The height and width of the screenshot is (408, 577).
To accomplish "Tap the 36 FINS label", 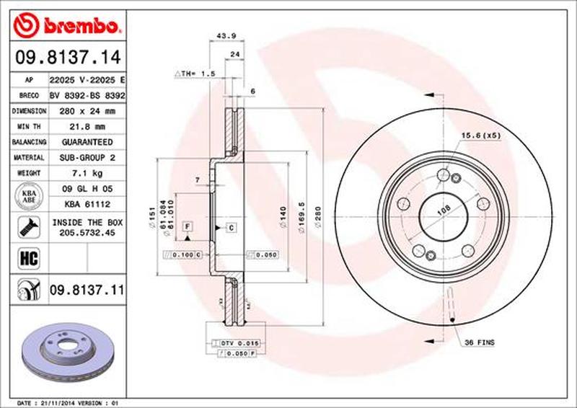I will (x=480, y=343).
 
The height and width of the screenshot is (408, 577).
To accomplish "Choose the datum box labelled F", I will (x=188, y=227).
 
